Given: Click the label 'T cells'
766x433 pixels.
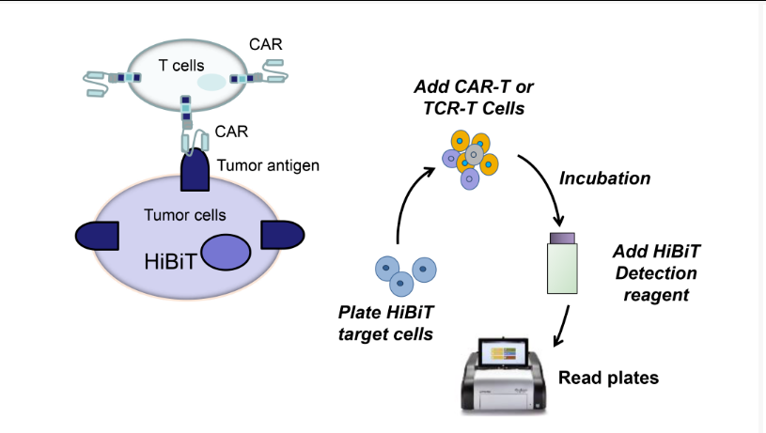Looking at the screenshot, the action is coord(181,66).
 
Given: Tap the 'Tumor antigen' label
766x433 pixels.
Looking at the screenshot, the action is coord(268,165).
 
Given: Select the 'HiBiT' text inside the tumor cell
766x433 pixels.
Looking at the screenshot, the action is coord(170,262).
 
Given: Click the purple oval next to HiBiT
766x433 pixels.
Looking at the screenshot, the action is coord(226,253).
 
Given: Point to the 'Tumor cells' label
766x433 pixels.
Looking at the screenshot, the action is coord(184,215).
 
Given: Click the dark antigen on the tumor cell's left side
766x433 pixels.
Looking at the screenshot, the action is coord(97,236).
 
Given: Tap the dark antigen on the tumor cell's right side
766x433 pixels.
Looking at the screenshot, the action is coord(283,235).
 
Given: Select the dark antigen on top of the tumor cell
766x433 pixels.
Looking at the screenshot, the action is coord(195,170).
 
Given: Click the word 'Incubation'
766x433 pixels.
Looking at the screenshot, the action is coord(604,178).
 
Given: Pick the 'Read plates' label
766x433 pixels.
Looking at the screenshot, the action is coord(608,378).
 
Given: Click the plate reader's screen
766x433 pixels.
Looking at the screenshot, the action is coord(504,352).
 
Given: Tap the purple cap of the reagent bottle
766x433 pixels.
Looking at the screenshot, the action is coord(562,238).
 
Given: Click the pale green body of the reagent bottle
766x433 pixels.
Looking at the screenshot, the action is coord(562,269).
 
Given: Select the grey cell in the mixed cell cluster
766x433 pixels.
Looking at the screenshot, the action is coord(474,155).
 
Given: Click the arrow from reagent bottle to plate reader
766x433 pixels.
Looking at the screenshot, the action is coord(562,326).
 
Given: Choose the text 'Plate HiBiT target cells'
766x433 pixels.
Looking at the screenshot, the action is coord(386,323).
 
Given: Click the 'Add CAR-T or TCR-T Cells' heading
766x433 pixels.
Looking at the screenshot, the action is coord(474,97).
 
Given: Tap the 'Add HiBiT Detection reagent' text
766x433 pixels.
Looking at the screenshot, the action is coord(656,273).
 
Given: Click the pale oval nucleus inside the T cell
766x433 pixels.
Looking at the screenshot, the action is coord(211,83).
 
